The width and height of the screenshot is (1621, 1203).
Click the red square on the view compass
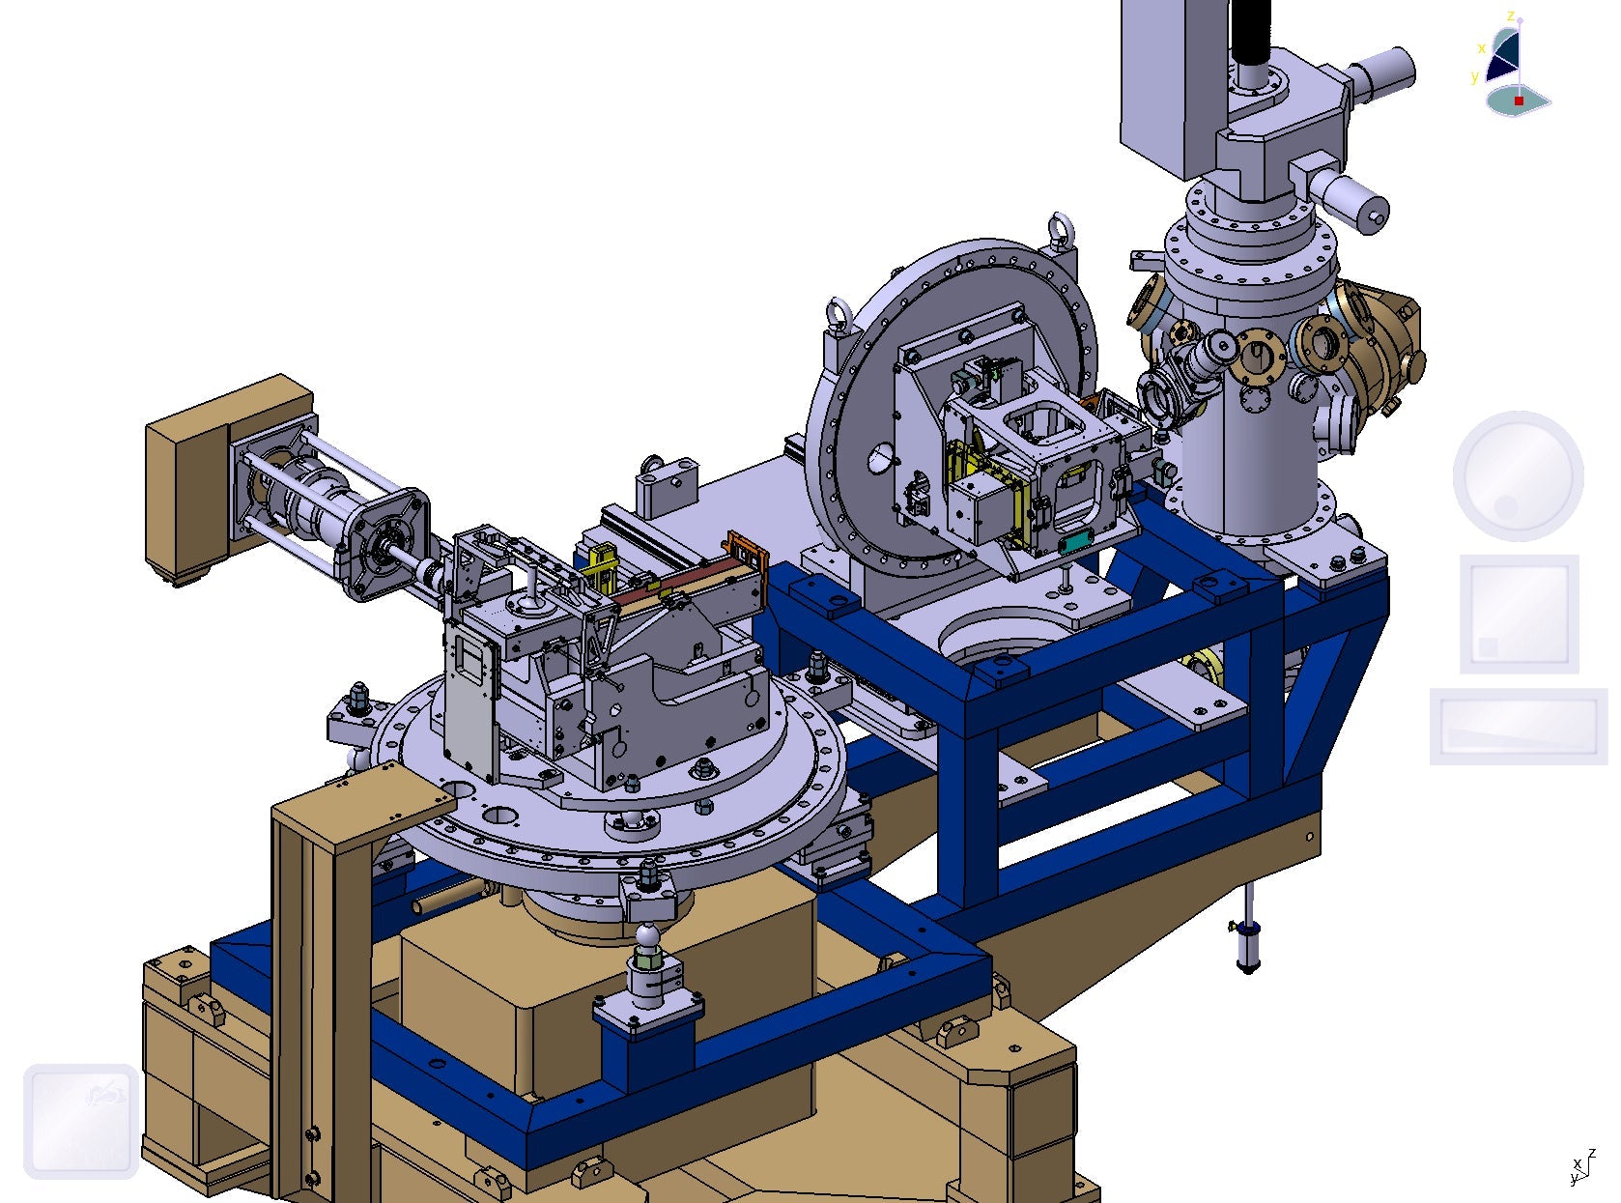(x=1519, y=100)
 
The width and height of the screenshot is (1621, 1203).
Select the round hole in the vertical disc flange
(x=881, y=458)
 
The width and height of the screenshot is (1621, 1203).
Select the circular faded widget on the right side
(x=1518, y=475)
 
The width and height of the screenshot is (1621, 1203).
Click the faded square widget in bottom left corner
(x=81, y=1121)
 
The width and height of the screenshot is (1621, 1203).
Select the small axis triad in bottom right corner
(x=1580, y=1167)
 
